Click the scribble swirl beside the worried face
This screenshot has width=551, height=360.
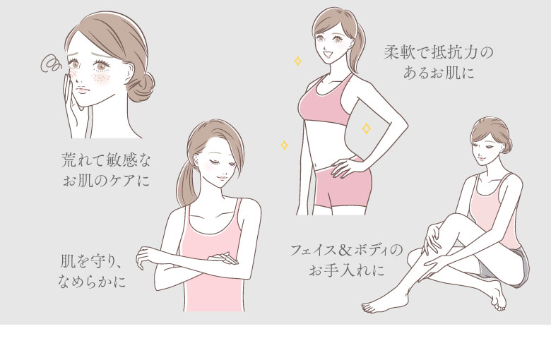pos(51,64)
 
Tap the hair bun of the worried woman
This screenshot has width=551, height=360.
pos(141,87)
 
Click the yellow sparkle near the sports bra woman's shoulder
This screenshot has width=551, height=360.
pos(297,61)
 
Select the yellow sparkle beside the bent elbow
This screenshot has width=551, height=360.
pos(366,128)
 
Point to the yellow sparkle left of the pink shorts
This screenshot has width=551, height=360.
pos(284,145)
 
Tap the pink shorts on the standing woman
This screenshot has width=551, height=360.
pos(343,186)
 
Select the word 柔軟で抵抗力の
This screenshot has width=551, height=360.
pos(439,53)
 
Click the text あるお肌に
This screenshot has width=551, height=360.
pos(439,73)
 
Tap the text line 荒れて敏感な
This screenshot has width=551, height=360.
pos(106,160)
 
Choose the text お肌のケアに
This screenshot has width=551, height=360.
pos(106,181)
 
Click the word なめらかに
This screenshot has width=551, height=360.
pos(92,282)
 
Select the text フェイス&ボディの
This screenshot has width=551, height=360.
pos(346,250)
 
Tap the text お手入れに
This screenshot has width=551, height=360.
pos(346,270)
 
